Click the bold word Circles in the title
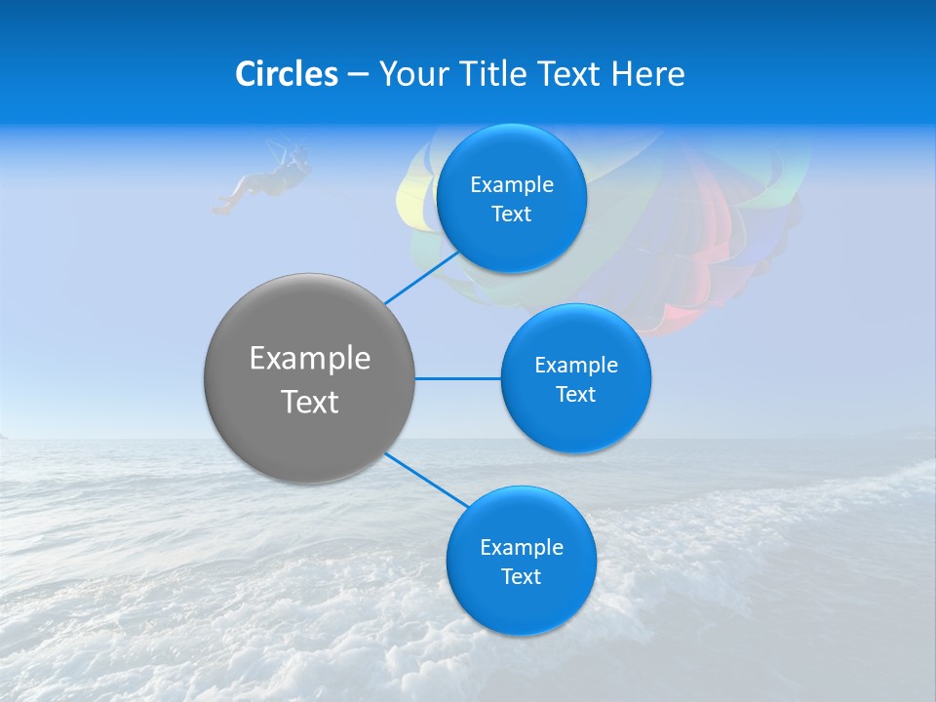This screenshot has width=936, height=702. coord(286,74)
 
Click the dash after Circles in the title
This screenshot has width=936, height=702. coord(358,75)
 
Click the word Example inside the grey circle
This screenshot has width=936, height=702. coord(310,359)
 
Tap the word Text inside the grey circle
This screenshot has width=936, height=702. coord(310,402)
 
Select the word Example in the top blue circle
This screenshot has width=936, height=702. coord(512,185)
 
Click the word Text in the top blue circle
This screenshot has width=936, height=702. coord(512,214)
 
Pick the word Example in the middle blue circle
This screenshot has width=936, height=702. coord(576,366)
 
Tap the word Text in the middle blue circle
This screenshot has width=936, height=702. coord(576,395)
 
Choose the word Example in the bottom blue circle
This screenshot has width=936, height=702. coord(522,548)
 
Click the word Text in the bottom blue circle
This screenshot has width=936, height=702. coord(522,577)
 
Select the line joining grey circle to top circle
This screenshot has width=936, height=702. coord(421,277)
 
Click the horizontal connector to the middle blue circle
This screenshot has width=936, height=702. coord(458,378)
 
